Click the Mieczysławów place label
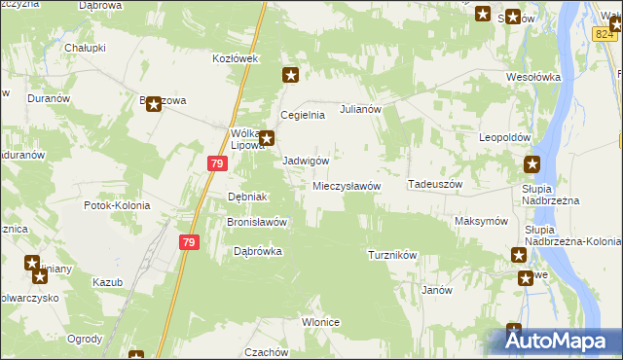(346, 186)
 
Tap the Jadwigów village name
(305, 161)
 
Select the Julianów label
(358, 110)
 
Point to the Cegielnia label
(302, 115)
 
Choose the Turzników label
(392, 255)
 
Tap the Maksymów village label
(482, 221)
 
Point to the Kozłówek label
(235, 59)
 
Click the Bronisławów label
(256, 222)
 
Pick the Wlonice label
(320, 322)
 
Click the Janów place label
(436, 290)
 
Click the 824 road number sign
(605, 34)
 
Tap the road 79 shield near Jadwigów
(215, 166)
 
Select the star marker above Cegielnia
(290, 75)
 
